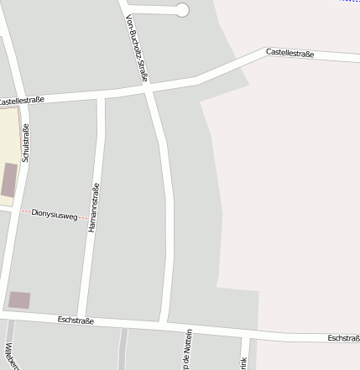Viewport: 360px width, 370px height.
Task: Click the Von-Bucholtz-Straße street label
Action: tap(137, 49)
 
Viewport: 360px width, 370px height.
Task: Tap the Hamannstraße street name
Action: tap(94, 207)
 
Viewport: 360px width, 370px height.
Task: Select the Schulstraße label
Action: tap(26, 143)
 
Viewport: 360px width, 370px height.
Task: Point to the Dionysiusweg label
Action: tap(54, 214)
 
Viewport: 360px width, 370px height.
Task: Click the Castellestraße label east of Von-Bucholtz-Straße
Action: tap(290, 53)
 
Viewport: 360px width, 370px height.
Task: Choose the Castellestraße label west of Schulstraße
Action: tap(20, 101)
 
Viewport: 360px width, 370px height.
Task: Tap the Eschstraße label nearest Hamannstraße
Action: tap(76, 320)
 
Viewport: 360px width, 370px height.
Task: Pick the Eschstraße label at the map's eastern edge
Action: tap(343, 338)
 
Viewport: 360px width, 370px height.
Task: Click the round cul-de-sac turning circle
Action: tap(182, 10)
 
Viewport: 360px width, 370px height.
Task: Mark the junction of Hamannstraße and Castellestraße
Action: tap(102, 96)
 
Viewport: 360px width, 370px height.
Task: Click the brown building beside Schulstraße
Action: tap(9, 180)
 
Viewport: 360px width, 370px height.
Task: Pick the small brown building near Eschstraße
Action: tap(18, 300)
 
